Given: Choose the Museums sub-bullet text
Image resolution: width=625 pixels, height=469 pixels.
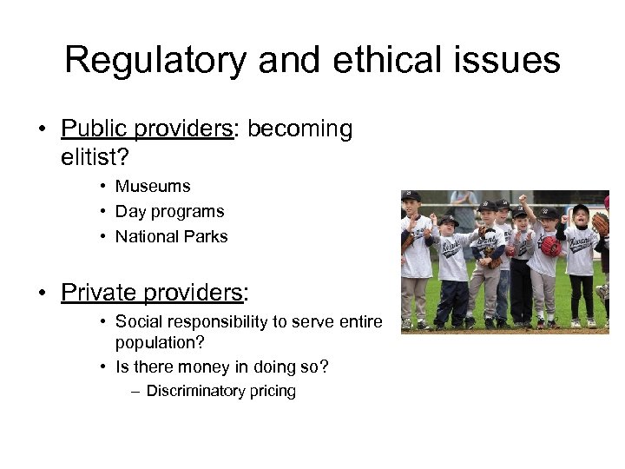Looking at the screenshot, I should [153, 186].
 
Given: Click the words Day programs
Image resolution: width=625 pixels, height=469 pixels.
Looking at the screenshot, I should [169, 211].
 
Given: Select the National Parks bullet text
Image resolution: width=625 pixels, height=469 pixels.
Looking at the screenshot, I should [171, 236].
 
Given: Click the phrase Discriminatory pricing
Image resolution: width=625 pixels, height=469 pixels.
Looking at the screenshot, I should [220, 391].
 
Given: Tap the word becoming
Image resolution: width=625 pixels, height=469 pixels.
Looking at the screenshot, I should [300, 129].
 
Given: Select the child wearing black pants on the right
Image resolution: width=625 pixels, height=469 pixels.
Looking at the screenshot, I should [579, 261].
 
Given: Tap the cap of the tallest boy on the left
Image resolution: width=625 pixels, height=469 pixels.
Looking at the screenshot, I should [411, 197].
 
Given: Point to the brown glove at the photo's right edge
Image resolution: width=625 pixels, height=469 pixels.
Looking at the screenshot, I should [601, 224].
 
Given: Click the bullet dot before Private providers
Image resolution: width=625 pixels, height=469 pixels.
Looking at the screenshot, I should [42, 293].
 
